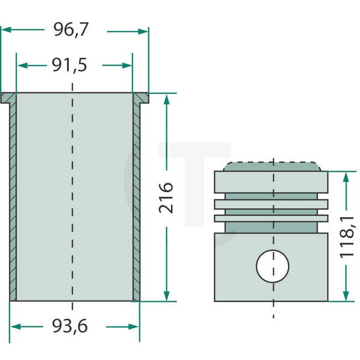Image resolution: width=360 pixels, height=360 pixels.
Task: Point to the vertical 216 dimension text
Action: (166, 197)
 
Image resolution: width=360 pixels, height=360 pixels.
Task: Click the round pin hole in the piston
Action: (272, 266)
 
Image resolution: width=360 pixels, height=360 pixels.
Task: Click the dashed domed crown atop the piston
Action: (272, 166)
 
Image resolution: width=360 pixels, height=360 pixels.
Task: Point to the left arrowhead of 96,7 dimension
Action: (4, 31)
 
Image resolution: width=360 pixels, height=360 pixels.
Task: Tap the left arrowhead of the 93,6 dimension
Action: (14, 327)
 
